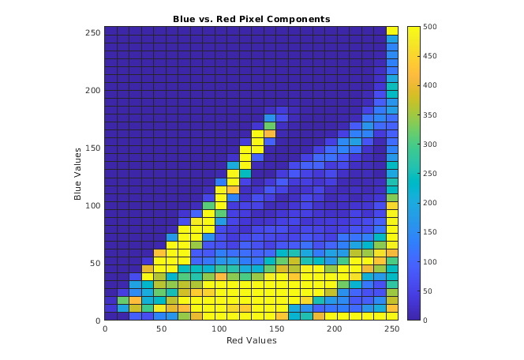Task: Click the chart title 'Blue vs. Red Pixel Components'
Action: click(252, 18)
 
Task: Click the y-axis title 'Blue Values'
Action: click(78, 174)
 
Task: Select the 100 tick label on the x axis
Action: click(220, 328)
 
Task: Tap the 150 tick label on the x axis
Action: click(278, 328)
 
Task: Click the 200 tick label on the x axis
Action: click(335, 328)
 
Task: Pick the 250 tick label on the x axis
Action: click(393, 328)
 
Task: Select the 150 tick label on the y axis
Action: click(92, 148)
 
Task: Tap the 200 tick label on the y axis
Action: click(92, 90)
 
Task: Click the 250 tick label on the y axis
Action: click(92, 32)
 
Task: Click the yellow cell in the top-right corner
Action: click(393, 31)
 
